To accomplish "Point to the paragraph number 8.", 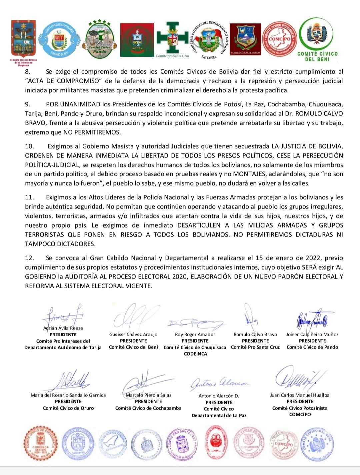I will pos(28,72).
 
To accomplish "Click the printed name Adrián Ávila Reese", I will pos(63,328).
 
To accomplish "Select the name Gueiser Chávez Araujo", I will pos(133,334).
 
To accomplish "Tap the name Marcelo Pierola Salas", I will pos(148,395).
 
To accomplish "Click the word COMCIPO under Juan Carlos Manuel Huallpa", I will pos(300,415).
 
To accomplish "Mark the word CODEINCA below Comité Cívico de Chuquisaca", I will pos(195,354).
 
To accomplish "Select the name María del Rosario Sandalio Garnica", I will pos(68,395).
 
